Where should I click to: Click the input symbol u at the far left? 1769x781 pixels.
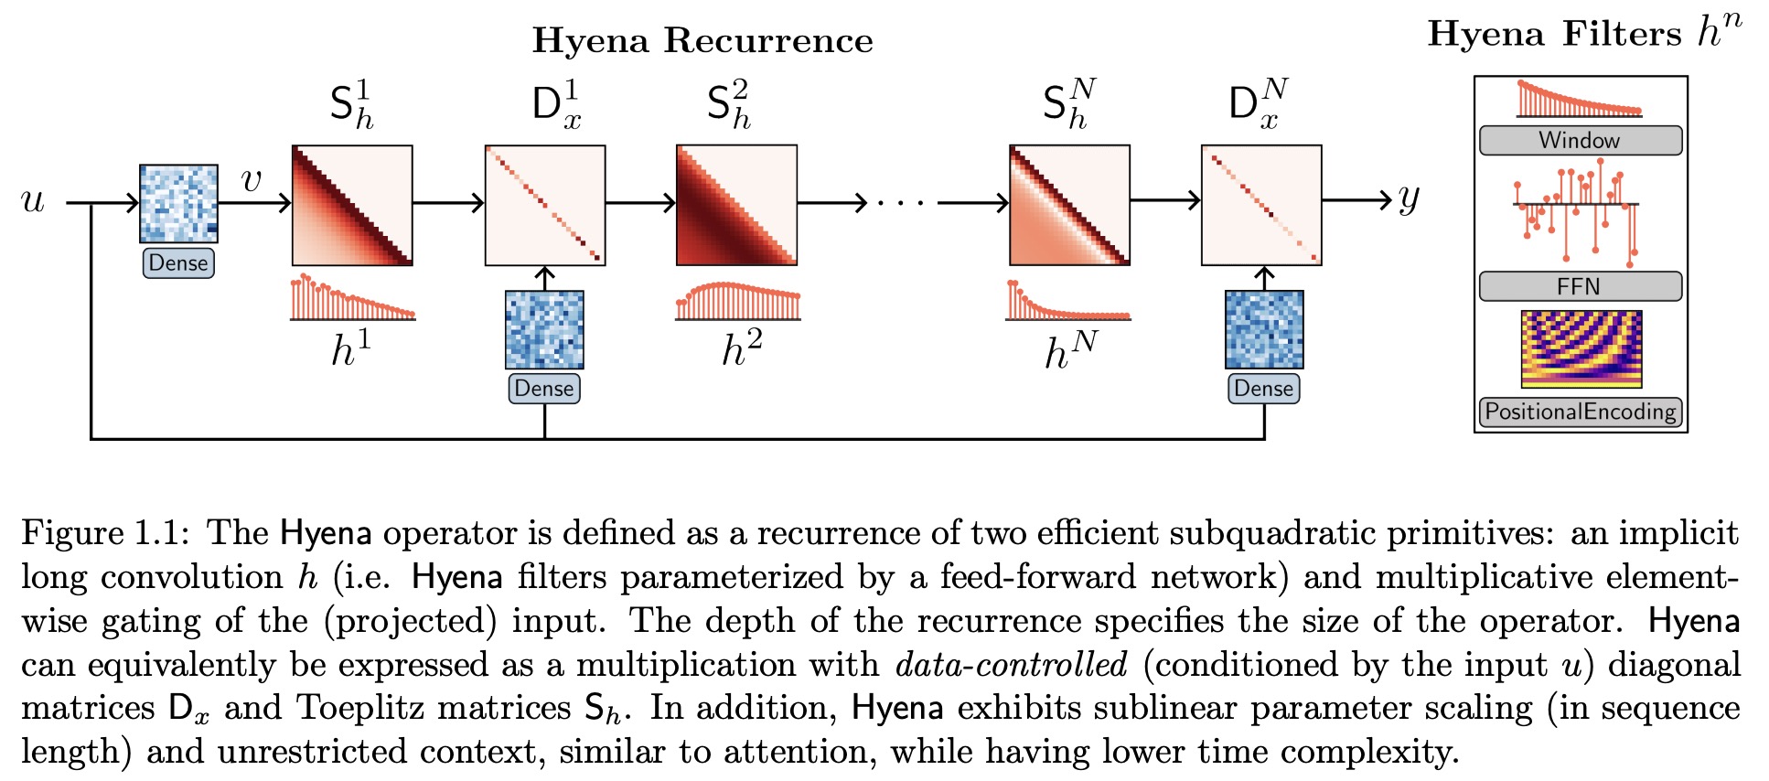point(33,201)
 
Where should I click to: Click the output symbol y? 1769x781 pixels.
point(1408,199)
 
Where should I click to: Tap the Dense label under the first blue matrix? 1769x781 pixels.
point(178,263)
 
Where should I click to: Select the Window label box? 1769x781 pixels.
point(1580,141)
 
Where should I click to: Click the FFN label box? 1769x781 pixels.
point(1580,286)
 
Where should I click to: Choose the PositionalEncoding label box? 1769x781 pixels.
point(1581,412)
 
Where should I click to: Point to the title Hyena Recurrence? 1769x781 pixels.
point(702,41)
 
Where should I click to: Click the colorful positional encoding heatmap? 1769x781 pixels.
point(1581,348)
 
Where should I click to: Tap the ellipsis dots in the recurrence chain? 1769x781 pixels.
point(901,203)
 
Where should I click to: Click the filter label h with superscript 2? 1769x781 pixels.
point(741,349)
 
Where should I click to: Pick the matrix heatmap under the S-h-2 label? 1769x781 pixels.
point(736,205)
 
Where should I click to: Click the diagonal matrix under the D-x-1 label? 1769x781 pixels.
point(545,205)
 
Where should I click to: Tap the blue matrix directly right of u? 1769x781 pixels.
point(178,203)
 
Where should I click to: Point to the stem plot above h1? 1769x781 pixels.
point(352,297)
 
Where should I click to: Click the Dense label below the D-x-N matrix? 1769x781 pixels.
point(1263,389)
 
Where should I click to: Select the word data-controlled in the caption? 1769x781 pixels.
point(1011,665)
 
